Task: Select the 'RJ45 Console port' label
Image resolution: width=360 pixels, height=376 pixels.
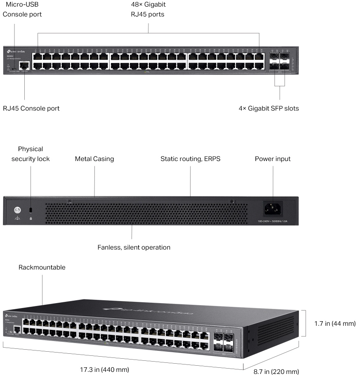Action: (31, 108)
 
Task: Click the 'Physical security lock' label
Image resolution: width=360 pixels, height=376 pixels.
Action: (31, 154)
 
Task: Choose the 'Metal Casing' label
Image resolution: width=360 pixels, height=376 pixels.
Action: (94, 159)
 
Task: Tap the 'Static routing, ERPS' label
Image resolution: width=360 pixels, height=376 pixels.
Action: (191, 159)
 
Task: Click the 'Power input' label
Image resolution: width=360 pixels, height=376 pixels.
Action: (273, 159)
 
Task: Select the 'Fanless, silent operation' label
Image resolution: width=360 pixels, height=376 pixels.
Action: (134, 248)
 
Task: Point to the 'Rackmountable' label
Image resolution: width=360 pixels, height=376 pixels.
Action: (42, 267)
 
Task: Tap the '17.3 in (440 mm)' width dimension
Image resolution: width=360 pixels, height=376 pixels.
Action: (110, 369)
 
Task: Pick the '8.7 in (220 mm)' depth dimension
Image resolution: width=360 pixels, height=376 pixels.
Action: (276, 371)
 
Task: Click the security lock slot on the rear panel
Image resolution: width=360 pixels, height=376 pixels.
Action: (31, 210)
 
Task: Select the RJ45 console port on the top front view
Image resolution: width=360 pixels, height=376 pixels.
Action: (25, 65)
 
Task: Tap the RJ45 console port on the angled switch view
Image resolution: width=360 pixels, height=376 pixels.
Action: (17, 329)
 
